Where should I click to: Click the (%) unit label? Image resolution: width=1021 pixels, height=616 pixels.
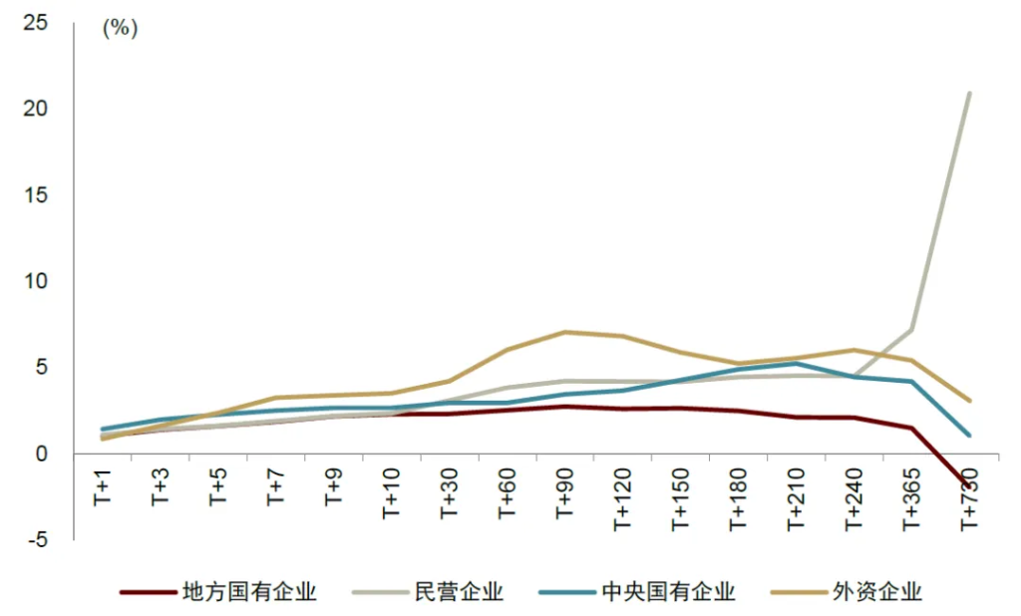tap(120, 28)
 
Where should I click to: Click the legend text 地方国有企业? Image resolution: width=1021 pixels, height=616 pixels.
tap(249, 592)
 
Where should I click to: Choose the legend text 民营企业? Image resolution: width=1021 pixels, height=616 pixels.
tap(459, 592)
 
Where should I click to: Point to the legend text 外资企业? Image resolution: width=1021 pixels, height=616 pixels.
tap(877, 592)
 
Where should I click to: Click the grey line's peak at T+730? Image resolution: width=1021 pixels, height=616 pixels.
tap(968, 93)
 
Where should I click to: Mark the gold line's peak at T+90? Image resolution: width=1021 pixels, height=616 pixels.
tap(564, 332)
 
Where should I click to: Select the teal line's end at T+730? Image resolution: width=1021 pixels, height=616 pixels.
tap(968, 436)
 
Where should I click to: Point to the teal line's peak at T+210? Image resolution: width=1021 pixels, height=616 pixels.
tap(795, 364)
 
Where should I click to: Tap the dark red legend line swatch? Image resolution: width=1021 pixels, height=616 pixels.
tap(148, 593)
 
